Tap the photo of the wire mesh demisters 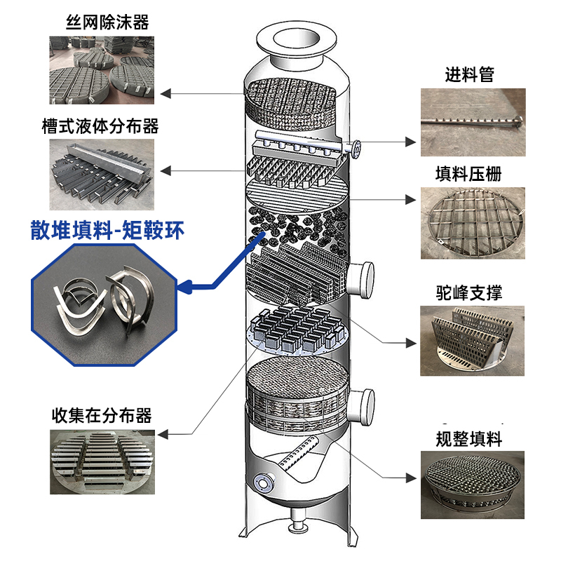102,69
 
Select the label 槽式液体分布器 100,126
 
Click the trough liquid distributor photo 102,171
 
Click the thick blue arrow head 187,285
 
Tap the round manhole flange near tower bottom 264,483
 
